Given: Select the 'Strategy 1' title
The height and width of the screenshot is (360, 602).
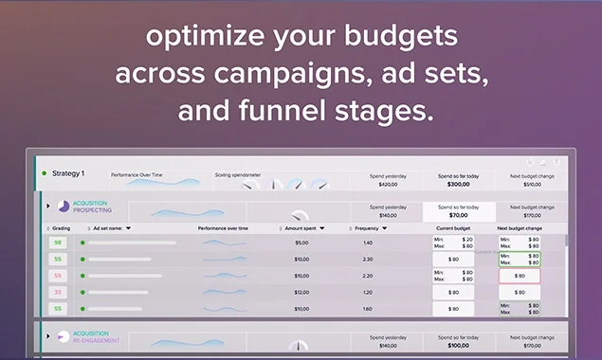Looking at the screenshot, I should (68, 173).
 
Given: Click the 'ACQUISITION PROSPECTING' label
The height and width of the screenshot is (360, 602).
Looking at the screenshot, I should (92, 207).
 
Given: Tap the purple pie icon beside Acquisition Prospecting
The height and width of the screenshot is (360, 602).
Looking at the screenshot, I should (64, 207).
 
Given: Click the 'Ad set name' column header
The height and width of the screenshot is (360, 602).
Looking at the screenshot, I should (111, 228).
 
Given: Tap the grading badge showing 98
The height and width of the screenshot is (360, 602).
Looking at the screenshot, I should (58, 243).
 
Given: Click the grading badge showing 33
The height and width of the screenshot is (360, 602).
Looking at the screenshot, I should (58, 292).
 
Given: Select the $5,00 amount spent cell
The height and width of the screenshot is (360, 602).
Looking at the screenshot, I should (301, 243).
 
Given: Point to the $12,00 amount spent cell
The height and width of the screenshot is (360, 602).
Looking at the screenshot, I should (301, 292).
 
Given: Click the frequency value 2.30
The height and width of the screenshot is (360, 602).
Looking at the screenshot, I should (368, 259).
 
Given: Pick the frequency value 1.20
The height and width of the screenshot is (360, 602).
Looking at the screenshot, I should (368, 292).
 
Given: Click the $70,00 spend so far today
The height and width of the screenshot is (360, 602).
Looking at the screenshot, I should (458, 215).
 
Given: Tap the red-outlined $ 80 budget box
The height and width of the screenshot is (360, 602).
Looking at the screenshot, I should (520, 276).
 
